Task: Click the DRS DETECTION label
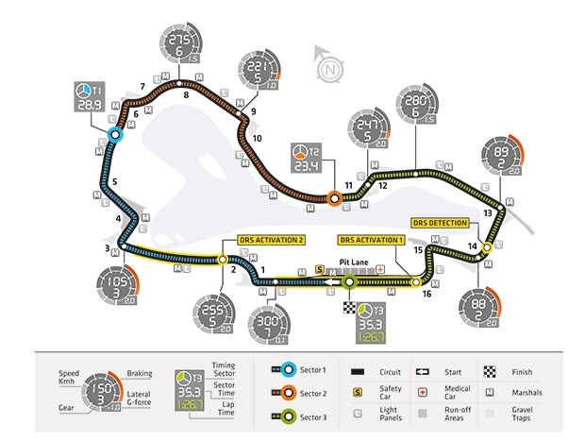point(441,223)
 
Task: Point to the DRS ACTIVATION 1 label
point(372,240)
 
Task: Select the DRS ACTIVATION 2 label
point(271,240)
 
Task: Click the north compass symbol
point(328,68)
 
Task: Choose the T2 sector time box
point(305,160)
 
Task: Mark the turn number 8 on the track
point(186,94)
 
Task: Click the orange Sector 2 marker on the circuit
point(334,197)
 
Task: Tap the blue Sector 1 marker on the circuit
point(115,135)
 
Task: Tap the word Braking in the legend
point(141,373)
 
